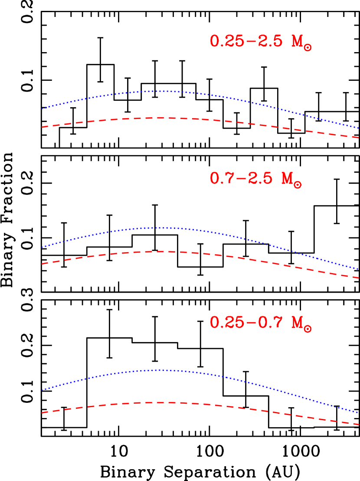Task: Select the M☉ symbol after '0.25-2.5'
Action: click(x=301, y=42)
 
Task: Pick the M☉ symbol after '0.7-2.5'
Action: click(x=291, y=179)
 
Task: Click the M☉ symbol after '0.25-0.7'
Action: click(x=301, y=323)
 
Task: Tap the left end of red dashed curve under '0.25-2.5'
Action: click(x=42, y=127)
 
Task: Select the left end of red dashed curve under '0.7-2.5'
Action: click(x=42, y=264)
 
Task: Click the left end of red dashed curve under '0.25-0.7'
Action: click(x=42, y=412)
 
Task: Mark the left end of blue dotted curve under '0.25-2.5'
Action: click(x=42, y=109)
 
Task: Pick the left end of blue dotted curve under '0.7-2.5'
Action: click(x=42, y=247)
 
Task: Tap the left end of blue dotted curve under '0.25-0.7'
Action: click(x=42, y=390)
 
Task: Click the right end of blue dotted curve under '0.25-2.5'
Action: click(x=358, y=128)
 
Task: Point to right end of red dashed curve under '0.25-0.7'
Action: click(x=358, y=424)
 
